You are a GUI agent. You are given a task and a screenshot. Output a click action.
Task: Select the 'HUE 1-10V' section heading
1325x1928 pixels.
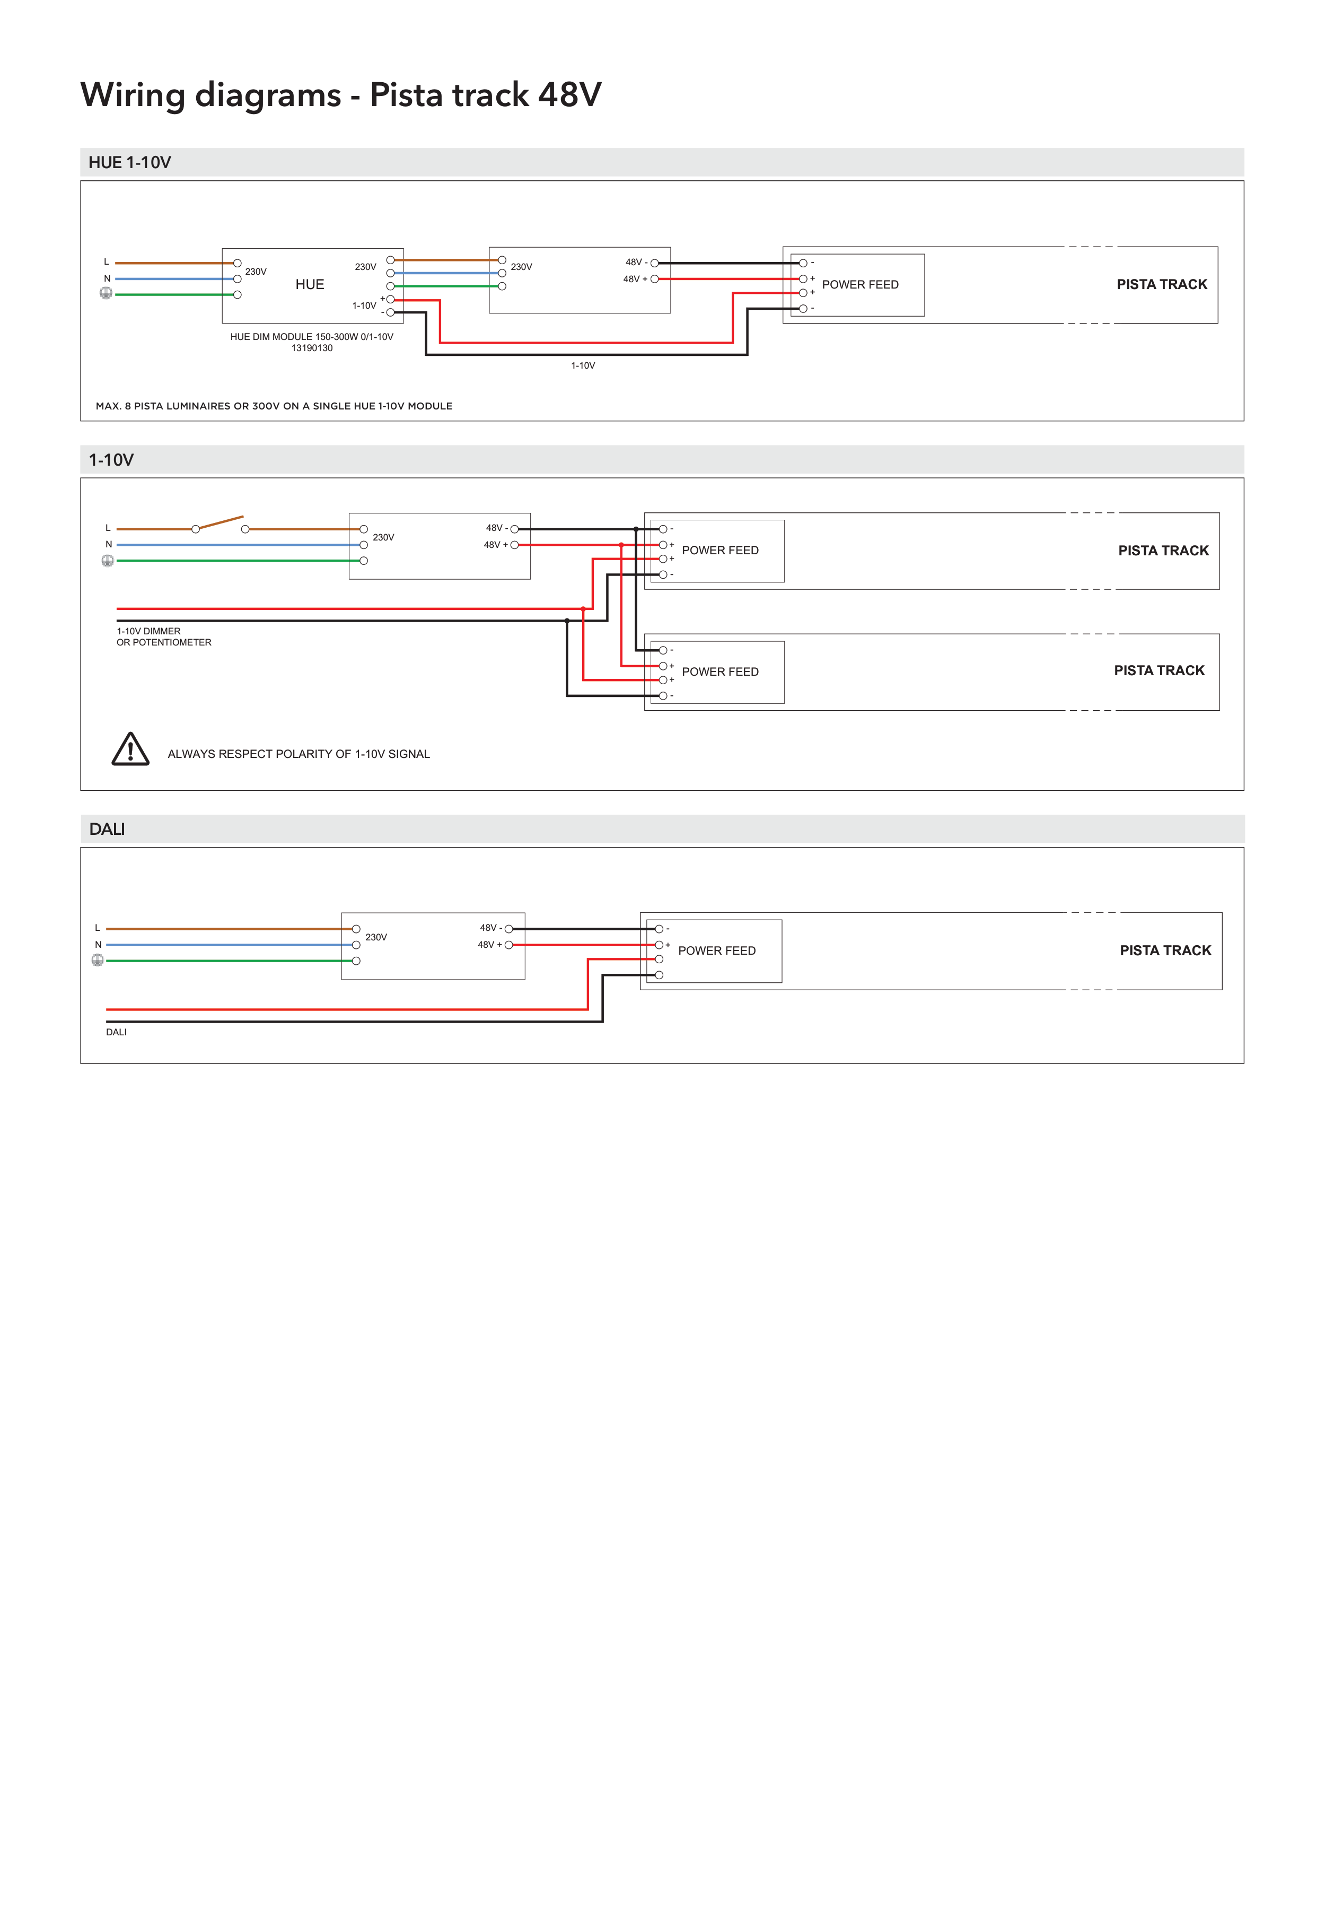(x=129, y=163)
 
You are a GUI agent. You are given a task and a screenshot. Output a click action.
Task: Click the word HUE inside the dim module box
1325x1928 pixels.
(x=310, y=285)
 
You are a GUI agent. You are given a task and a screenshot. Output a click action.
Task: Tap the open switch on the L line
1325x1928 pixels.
(x=220, y=523)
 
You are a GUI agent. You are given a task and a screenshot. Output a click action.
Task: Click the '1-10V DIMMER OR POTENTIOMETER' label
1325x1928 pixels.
(x=163, y=637)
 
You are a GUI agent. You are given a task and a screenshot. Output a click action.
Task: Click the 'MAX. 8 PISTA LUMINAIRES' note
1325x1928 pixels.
(x=274, y=406)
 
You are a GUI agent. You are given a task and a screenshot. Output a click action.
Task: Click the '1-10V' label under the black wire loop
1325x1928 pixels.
(x=583, y=365)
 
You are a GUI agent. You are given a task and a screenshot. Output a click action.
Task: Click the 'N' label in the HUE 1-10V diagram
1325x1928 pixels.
(x=107, y=279)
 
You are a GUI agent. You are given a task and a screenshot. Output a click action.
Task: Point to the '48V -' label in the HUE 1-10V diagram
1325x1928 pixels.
(x=636, y=263)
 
